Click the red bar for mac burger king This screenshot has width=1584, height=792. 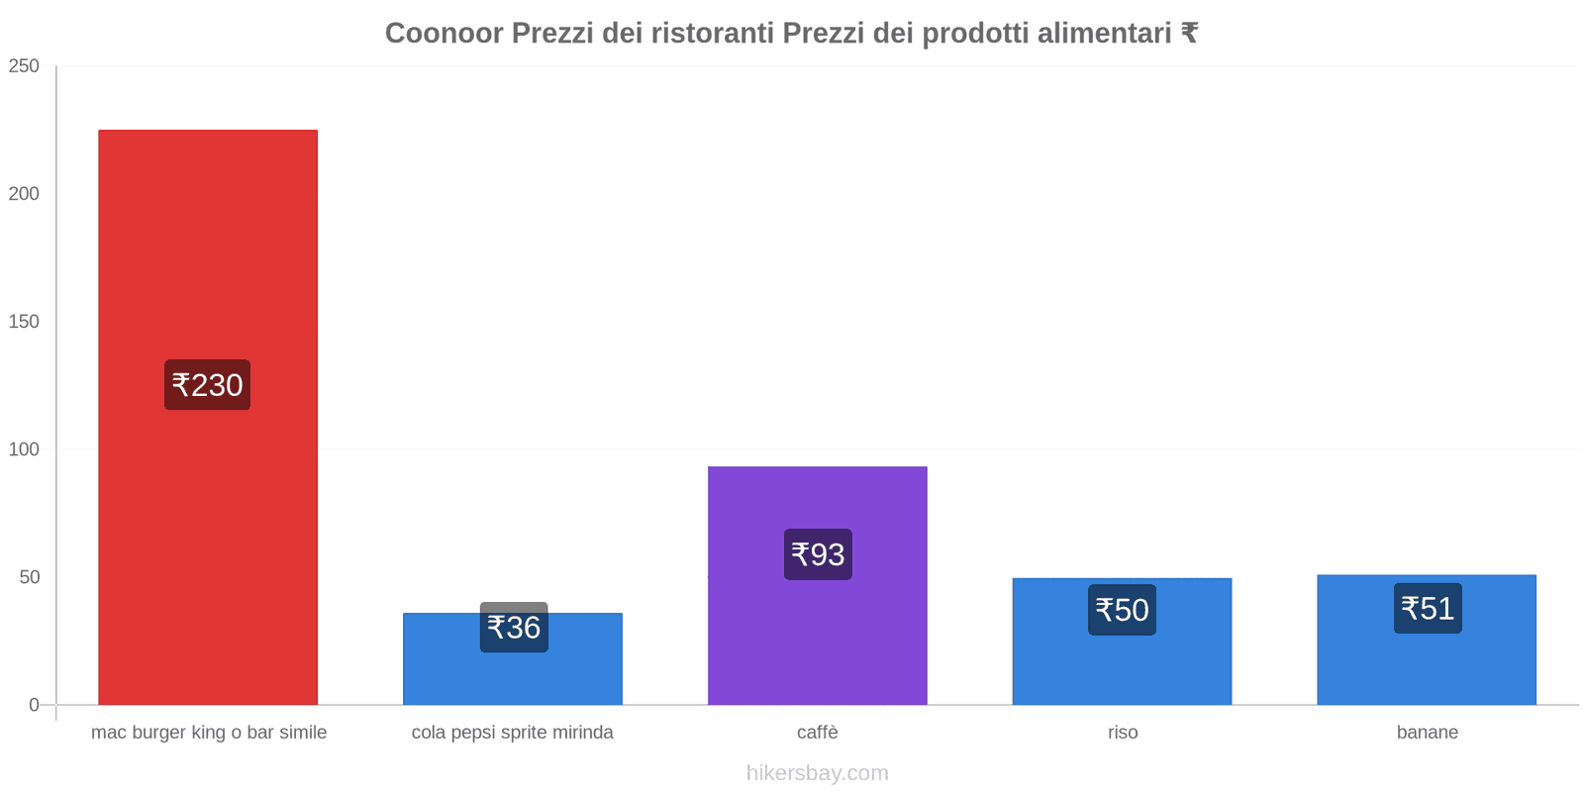[208, 247]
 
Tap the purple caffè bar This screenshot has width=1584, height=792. [818, 634]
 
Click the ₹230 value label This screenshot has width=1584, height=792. [207, 385]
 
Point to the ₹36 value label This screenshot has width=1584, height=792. [514, 628]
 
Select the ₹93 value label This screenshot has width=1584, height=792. [818, 554]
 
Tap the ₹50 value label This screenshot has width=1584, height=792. [1122, 610]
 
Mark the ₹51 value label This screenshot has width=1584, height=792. [1428, 608]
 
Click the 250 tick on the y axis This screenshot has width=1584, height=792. [24, 66]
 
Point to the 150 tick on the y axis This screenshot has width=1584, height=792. [24, 322]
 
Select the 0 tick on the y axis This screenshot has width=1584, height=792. [34, 705]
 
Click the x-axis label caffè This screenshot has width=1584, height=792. [818, 733]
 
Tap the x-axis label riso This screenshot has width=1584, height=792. [1123, 733]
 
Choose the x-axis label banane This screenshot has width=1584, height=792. [1428, 733]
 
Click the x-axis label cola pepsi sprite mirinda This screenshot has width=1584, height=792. [513, 733]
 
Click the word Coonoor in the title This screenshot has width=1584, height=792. [444, 34]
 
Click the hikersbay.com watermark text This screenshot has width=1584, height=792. [818, 773]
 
